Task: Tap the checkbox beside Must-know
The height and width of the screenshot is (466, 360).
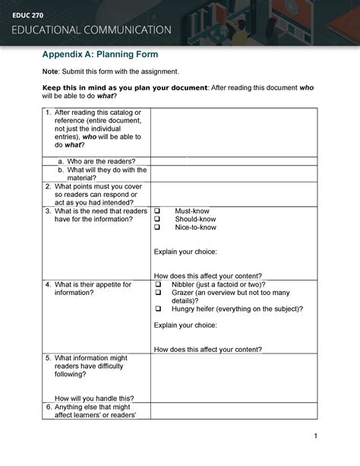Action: (157, 211)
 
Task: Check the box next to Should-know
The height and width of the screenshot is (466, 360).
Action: (157, 219)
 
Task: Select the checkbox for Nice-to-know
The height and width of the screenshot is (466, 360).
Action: (157, 227)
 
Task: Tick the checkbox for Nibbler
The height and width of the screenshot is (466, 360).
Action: (157, 284)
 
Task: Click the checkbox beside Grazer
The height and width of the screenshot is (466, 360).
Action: (157, 293)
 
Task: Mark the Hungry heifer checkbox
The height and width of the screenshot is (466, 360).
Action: (157, 309)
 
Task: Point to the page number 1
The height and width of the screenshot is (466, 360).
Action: (333, 436)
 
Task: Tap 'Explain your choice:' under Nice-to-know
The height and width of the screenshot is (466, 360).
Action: (185, 252)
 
